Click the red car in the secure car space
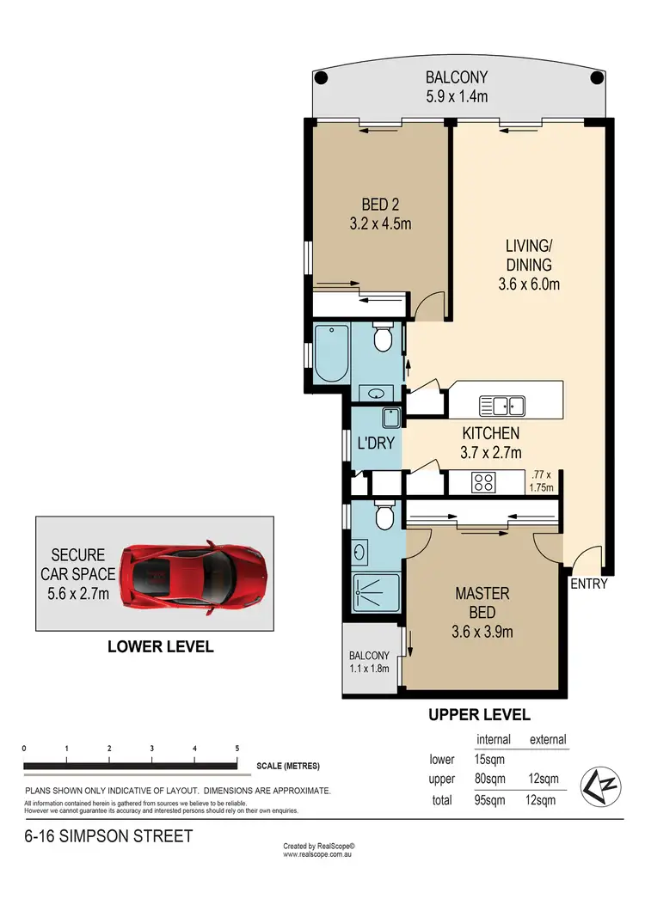(194, 573)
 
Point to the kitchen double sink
(498, 405)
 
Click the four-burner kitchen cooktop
(482, 483)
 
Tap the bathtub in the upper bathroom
(331, 352)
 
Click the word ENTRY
(588, 584)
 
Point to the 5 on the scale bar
(236, 749)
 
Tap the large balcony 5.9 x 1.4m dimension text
(458, 97)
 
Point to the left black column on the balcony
(321, 78)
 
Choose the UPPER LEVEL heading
(479, 714)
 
